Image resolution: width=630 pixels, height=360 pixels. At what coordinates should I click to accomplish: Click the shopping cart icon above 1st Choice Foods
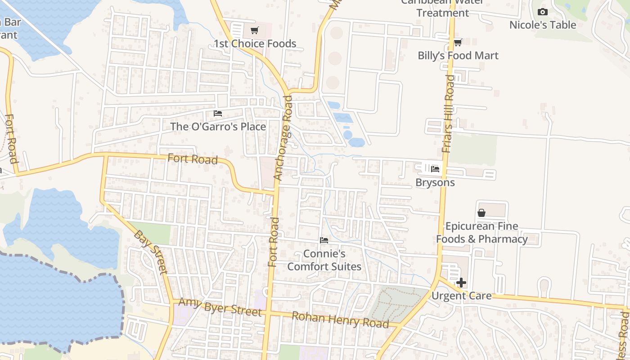[254, 31]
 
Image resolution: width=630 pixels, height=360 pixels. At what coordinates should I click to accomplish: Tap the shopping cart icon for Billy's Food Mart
[458, 43]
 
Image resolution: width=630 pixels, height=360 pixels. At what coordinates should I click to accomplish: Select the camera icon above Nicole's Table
[543, 12]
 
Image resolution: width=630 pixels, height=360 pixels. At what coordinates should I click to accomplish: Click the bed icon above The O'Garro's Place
[218, 113]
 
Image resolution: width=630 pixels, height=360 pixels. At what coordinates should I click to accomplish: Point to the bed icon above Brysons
[435, 169]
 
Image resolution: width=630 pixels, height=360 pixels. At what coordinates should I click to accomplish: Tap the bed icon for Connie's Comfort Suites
[324, 240]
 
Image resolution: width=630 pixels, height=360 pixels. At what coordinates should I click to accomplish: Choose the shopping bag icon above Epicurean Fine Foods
[481, 213]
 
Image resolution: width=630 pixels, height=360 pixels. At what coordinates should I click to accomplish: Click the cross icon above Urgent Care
[461, 283]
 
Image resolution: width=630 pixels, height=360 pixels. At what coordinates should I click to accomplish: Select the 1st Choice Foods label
[255, 44]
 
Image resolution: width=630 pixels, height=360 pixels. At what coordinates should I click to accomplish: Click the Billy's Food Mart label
[458, 56]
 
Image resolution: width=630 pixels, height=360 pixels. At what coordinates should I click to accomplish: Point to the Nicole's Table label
[543, 25]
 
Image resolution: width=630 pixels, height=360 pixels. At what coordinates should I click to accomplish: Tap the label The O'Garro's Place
[218, 127]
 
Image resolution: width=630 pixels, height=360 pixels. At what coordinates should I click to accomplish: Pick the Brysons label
[435, 183]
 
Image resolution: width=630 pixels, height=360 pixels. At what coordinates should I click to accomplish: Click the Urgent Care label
[461, 296]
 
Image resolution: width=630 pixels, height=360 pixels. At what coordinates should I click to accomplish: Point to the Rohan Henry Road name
[340, 319]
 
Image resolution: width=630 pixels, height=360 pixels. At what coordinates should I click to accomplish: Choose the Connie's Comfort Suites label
[324, 260]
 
